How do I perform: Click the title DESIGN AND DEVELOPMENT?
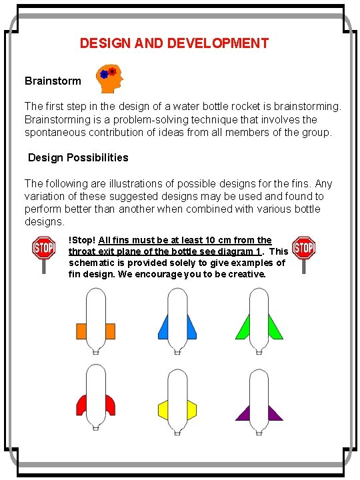click(x=174, y=43)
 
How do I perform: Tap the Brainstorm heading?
click(x=53, y=81)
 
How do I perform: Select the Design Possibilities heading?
click(x=78, y=158)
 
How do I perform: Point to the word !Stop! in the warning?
click(x=82, y=240)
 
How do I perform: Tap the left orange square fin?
click(x=83, y=331)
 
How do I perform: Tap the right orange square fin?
click(x=111, y=331)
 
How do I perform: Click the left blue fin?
click(x=163, y=327)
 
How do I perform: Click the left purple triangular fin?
click(x=243, y=413)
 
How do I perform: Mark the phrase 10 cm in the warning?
click(x=217, y=240)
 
